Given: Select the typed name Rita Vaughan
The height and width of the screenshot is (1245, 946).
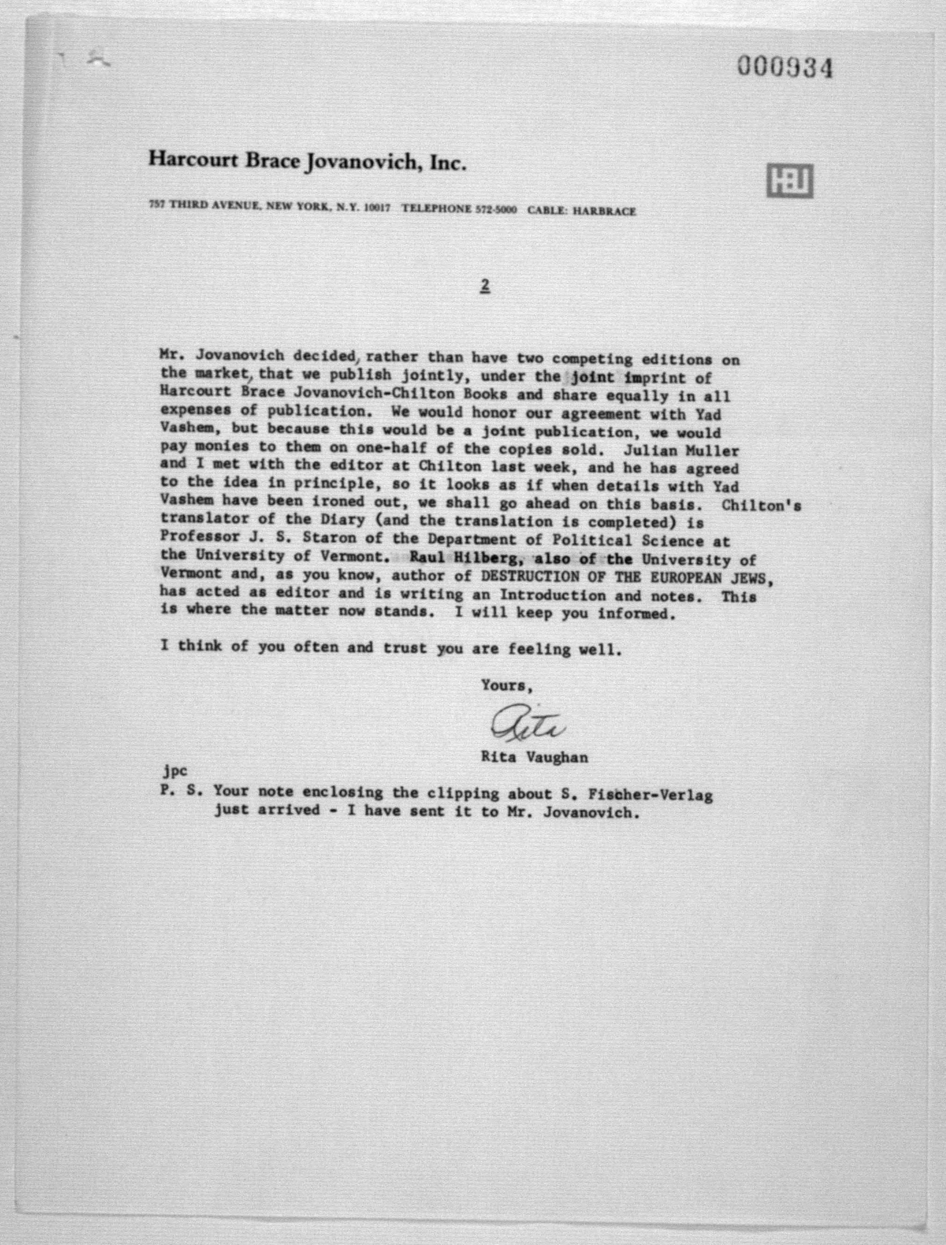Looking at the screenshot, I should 534,757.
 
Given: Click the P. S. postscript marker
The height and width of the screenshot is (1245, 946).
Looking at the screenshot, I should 177,790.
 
